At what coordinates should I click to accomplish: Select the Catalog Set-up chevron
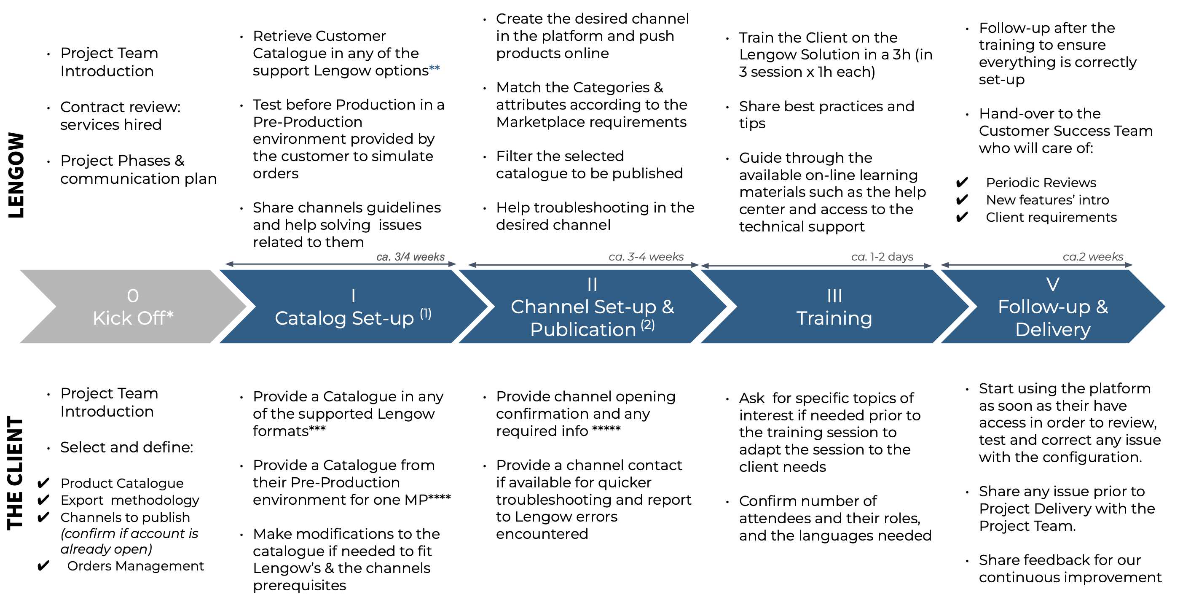pyautogui.click(x=354, y=306)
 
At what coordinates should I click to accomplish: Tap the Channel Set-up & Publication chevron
pyautogui.click(x=593, y=306)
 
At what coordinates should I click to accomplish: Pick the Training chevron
pyautogui.click(x=834, y=306)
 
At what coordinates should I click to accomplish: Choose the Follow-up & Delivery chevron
pyautogui.click(x=1053, y=306)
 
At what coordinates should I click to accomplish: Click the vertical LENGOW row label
pyautogui.click(x=16, y=175)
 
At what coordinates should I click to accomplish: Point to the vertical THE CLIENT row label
pyautogui.click(x=15, y=472)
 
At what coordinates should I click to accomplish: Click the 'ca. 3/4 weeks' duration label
pyautogui.click(x=410, y=257)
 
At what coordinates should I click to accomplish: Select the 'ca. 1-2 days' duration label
pyautogui.click(x=882, y=257)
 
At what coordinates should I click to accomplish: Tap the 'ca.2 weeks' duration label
pyautogui.click(x=1093, y=257)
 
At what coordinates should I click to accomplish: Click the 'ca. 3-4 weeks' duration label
pyautogui.click(x=646, y=257)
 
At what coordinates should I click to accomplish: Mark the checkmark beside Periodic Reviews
pyautogui.click(x=962, y=183)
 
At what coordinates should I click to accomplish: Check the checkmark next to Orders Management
pyautogui.click(x=43, y=566)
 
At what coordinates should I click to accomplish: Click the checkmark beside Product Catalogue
pyautogui.click(x=43, y=484)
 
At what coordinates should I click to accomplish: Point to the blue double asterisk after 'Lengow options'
pyautogui.click(x=434, y=68)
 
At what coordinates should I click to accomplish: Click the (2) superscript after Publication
pyautogui.click(x=648, y=325)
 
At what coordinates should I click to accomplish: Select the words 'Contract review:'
pyautogui.click(x=120, y=107)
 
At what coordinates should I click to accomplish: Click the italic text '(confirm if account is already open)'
pyautogui.click(x=129, y=541)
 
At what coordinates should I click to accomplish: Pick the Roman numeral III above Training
pyautogui.click(x=834, y=296)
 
